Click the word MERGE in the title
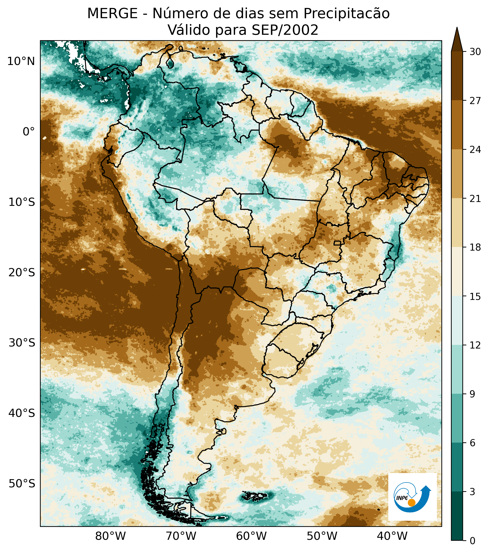pos(112,14)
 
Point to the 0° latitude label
pos(29,132)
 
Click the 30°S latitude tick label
pos(22,343)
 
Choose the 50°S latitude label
pos(22,483)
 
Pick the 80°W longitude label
pos(111,536)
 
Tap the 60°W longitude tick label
pos(251,536)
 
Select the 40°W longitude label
pos(392,536)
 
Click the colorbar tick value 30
pos(475,52)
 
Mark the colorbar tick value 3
pos(472,492)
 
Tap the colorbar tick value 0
pos(472,541)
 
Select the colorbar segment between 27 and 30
pos(457,76)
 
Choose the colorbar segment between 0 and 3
pos(457,516)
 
